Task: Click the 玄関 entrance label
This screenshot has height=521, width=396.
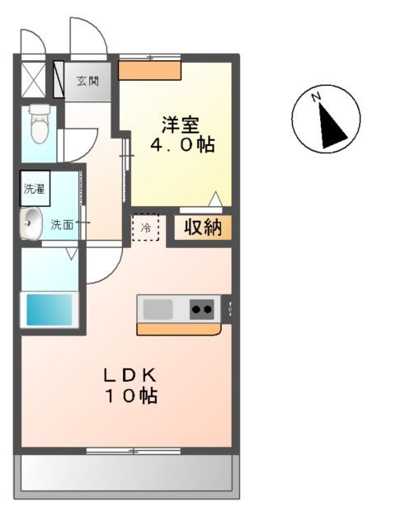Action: (x=88, y=81)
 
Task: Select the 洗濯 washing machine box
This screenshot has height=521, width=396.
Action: (x=35, y=188)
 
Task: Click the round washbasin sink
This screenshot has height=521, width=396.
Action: (x=32, y=223)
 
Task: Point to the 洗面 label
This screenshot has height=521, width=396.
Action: (x=63, y=223)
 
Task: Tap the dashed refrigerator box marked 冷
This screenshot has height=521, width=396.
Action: (x=145, y=228)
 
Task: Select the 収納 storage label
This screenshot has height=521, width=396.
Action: (x=202, y=228)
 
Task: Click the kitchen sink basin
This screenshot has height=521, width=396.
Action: (x=158, y=309)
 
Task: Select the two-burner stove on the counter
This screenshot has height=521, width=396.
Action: (x=202, y=309)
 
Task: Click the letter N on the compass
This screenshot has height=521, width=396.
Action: (x=316, y=98)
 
